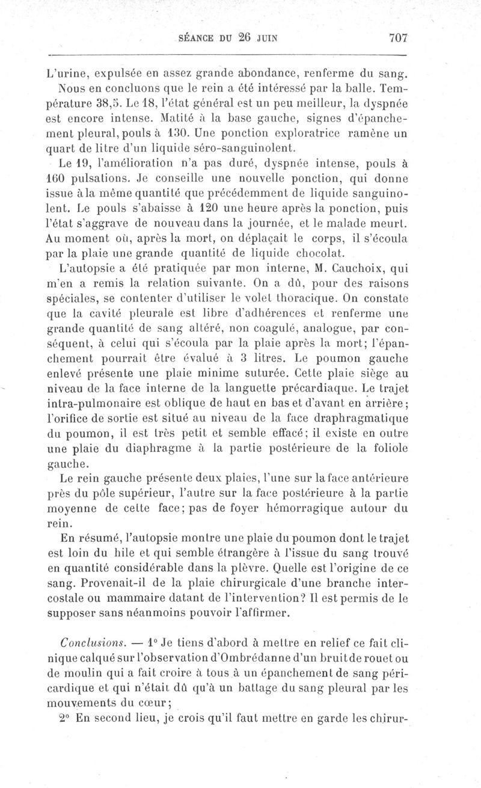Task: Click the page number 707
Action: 398,38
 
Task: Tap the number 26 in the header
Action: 242,38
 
